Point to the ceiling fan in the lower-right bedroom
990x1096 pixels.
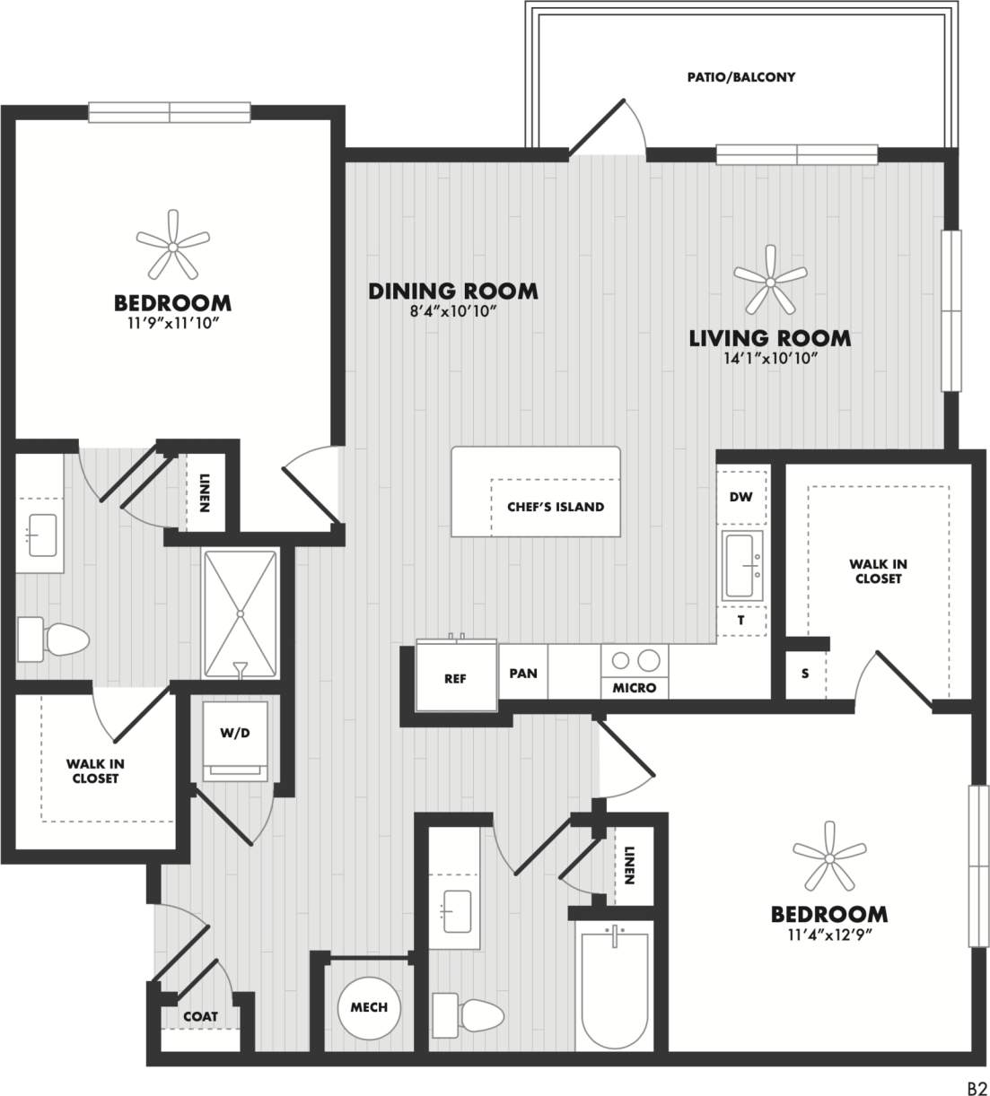(829, 859)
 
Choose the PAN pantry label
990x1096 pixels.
(523, 673)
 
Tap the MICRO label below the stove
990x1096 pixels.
(635, 688)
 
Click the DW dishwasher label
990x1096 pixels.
(740, 497)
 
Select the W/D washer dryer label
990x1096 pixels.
(234, 733)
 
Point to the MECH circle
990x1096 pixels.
(369, 1007)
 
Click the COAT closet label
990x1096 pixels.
(200, 1016)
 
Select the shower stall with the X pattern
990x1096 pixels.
(240, 614)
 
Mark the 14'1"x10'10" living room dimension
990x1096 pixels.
(770, 359)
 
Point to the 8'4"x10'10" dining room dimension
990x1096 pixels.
(453, 311)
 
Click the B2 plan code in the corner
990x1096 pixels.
(977, 1086)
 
